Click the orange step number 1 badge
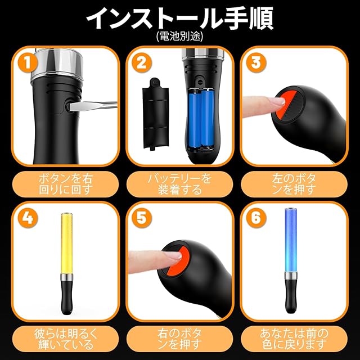click(28, 62)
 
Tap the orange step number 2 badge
click(142, 62)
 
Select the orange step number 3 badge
click(256, 62)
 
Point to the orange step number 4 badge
click(28, 218)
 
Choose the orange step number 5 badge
click(142, 218)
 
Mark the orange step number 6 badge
click(256, 218)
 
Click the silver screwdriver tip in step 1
click(93, 106)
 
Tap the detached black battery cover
click(156, 114)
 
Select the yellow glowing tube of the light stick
click(67, 243)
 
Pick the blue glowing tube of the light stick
click(291, 240)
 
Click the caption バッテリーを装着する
click(179, 184)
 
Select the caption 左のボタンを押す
click(294, 184)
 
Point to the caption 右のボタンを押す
click(179, 339)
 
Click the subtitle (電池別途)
click(179, 36)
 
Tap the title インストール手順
click(179, 18)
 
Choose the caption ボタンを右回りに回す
click(65, 184)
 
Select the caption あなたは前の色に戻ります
click(294, 339)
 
